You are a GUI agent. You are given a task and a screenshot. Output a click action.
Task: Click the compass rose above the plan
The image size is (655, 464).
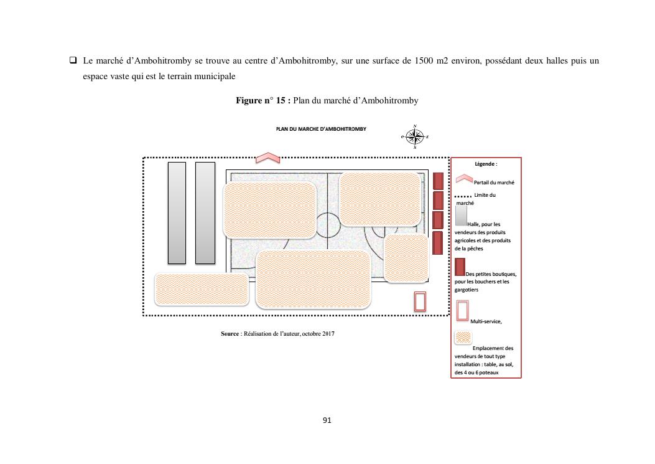coord(415,136)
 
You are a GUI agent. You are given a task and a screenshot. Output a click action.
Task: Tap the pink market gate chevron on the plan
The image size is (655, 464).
coord(268,158)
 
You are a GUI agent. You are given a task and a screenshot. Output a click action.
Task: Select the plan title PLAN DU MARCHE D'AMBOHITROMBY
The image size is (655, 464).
coord(321,129)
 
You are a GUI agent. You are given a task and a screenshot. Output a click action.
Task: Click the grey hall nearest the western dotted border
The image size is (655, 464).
coord(177,212)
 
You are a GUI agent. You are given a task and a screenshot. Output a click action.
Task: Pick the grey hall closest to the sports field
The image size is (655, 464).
coord(205,212)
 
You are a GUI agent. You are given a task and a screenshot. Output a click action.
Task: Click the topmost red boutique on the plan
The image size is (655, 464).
coord(438,181)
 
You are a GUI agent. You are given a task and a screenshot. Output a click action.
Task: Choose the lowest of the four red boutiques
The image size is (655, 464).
coord(438,242)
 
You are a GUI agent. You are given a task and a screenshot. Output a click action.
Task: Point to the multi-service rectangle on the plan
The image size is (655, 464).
coord(420,301)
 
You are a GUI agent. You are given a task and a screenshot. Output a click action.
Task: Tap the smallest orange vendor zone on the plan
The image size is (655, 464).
coord(406,258)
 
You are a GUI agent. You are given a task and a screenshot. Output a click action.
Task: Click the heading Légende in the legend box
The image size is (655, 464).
coord(485,164)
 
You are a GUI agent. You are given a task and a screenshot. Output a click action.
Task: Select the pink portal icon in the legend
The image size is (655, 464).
coord(465,180)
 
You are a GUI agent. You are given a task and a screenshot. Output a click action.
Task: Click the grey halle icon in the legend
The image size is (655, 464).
coord(461,215)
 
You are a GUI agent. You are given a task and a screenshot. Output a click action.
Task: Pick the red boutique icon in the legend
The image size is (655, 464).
coord(460,267)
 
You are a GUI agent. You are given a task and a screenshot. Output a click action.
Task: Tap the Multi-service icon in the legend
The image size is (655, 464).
coord(463,310)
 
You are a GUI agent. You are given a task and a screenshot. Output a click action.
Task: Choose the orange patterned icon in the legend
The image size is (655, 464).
coord(463,338)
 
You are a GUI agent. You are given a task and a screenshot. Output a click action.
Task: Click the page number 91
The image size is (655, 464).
coord(327,420)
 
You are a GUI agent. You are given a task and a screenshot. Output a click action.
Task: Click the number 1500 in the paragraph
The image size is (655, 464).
coord(423,61)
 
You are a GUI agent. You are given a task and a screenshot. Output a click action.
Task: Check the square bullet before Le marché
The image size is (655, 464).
coord(73,61)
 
